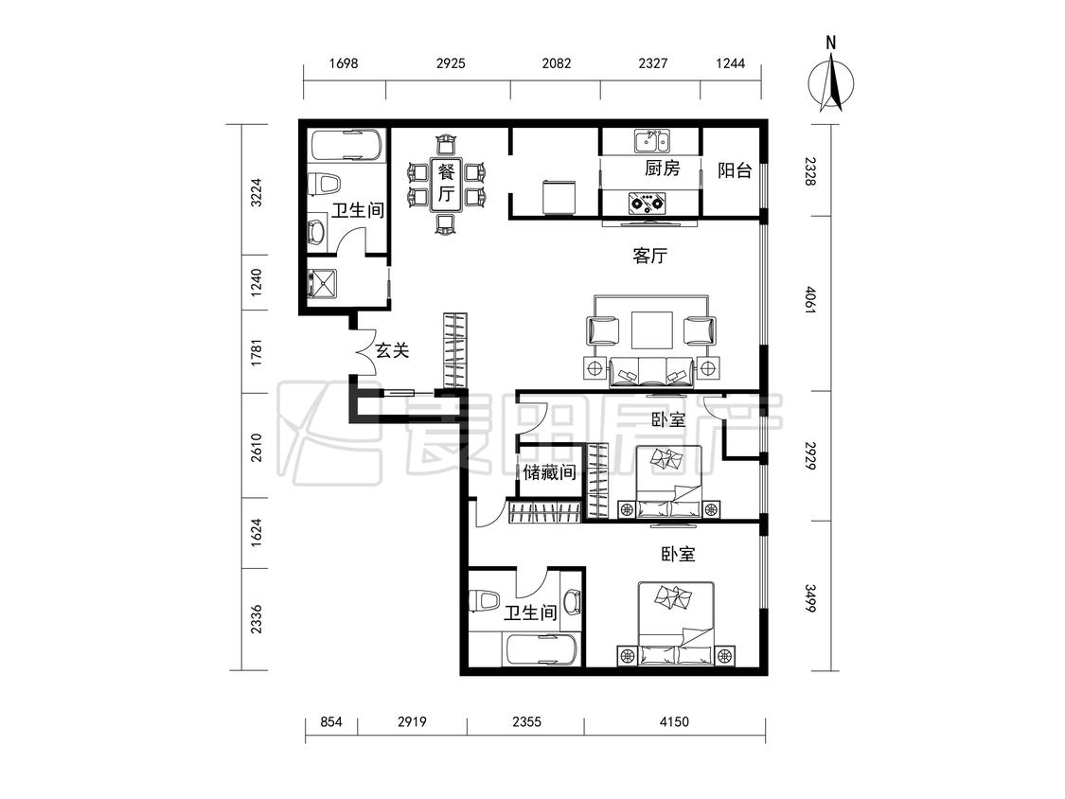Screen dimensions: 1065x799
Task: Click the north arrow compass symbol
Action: coord(830,80)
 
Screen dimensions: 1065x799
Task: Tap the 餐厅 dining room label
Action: coord(446,182)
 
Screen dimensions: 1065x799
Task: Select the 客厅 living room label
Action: coord(650,257)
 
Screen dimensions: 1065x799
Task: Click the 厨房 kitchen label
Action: coord(663,168)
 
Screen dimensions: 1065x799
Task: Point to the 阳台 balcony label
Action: coord(735,169)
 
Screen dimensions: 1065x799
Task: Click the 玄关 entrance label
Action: coord(393,350)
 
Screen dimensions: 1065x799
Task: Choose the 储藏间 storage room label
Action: coord(549,471)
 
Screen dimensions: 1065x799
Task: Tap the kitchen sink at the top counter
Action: coord(652,142)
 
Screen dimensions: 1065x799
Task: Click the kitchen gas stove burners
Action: coord(647,201)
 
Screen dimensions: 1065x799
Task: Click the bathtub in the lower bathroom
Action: coord(541,649)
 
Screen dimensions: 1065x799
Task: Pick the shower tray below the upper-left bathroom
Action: coord(321,284)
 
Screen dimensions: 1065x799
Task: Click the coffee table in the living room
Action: coord(652,330)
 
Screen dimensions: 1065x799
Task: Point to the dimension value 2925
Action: coord(451,63)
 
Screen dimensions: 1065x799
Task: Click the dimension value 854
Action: coord(330,721)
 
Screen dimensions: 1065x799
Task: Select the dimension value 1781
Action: coord(256,350)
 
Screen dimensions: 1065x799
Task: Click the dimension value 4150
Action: coord(674,721)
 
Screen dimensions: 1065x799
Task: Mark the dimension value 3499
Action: coord(810,598)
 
